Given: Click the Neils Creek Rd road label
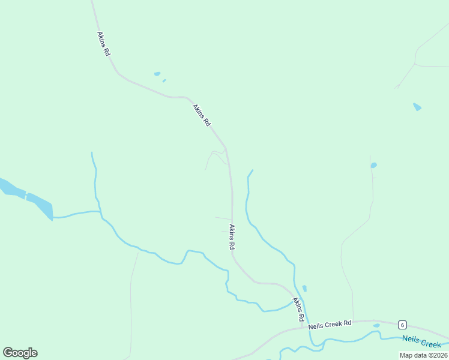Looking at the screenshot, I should coord(330,324).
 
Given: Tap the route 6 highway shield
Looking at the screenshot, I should coord(402,325).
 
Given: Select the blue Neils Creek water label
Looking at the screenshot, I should coord(421,341).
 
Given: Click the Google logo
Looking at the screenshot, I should coord(20,353).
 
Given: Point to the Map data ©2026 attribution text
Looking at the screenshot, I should coord(423,355).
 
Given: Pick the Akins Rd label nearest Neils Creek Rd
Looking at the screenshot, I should coord(298,308).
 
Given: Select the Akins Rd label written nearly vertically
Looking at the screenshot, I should coord(231,237).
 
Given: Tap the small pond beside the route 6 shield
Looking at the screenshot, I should coord(376,326).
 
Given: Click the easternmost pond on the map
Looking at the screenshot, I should coord(417,107).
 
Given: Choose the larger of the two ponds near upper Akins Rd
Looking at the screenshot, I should coord(157,74).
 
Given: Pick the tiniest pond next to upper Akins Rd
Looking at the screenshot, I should coord(164,80).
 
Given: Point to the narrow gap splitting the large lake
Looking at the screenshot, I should coord(26,195).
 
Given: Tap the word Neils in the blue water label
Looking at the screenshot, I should coord(411,339).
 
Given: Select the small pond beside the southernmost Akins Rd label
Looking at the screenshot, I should coord(304,289).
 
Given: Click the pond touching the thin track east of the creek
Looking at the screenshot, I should coord(373,165).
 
